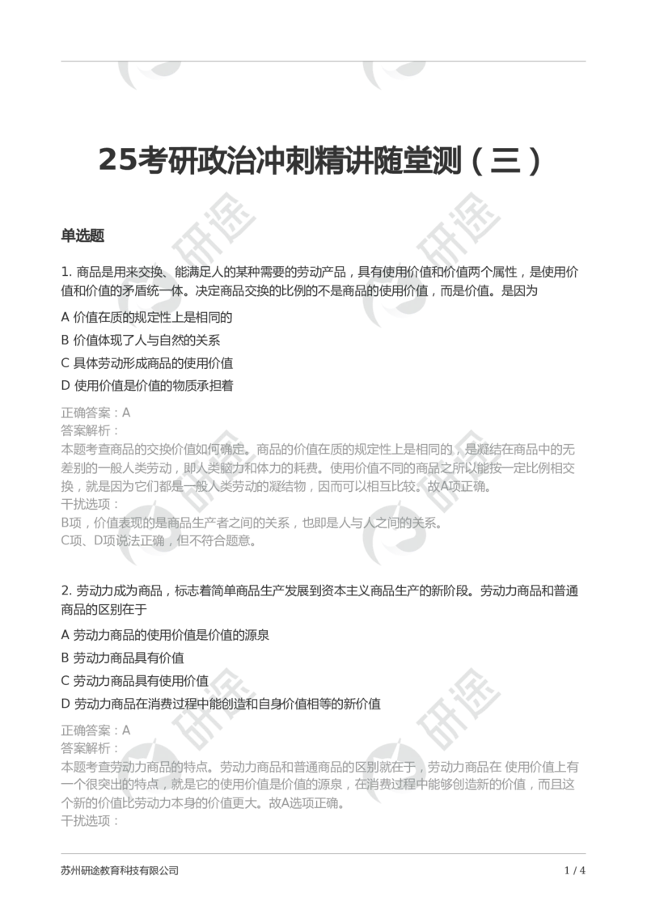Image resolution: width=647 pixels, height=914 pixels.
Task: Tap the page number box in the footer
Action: click(575, 870)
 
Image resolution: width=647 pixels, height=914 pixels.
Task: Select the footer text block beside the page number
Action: click(120, 870)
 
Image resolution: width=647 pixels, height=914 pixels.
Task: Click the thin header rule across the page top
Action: click(323, 61)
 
